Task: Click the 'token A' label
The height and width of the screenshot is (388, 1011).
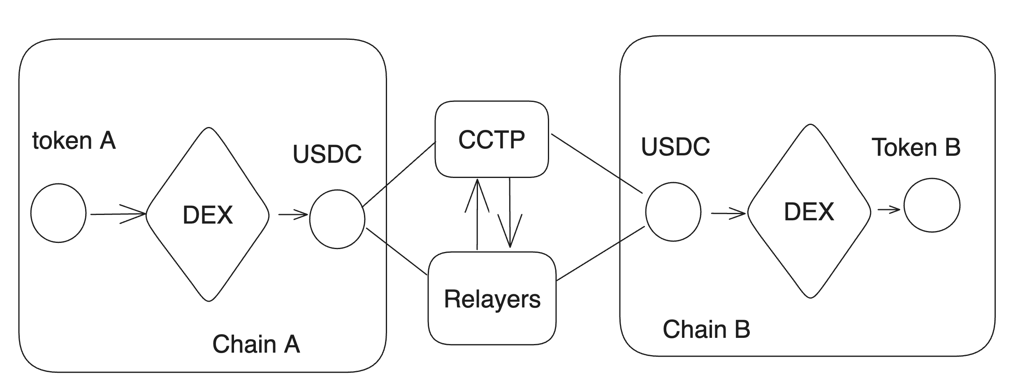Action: (x=74, y=141)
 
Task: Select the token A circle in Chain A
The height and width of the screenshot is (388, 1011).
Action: (x=58, y=213)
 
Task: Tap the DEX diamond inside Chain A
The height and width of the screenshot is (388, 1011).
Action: (x=208, y=215)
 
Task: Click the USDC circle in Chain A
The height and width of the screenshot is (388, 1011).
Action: (x=337, y=219)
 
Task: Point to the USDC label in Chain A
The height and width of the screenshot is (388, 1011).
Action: (x=327, y=154)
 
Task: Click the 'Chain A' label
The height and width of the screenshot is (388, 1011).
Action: (x=256, y=344)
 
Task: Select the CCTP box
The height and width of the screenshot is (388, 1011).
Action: (x=492, y=139)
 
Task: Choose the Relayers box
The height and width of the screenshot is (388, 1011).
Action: (x=492, y=299)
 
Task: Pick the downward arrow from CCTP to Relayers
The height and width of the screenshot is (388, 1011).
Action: (x=510, y=214)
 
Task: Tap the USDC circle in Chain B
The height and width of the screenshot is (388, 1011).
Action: (x=673, y=212)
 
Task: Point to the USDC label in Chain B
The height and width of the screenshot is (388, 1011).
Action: (x=675, y=147)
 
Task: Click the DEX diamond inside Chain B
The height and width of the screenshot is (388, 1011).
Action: (x=809, y=212)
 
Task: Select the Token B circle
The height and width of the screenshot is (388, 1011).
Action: (x=932, y=205)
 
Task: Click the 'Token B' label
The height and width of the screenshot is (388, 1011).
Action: (x=916, y=148)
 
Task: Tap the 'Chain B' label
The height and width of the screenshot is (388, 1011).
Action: (x=706, y=330)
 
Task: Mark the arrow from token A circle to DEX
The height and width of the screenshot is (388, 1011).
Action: (x=118, y=214)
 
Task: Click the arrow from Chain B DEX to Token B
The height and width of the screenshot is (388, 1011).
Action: (x=888, y=210)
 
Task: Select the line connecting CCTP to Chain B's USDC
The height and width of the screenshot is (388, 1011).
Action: (x=596, y=163)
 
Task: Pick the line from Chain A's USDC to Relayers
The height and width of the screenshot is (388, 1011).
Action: (x=396, y=251)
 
